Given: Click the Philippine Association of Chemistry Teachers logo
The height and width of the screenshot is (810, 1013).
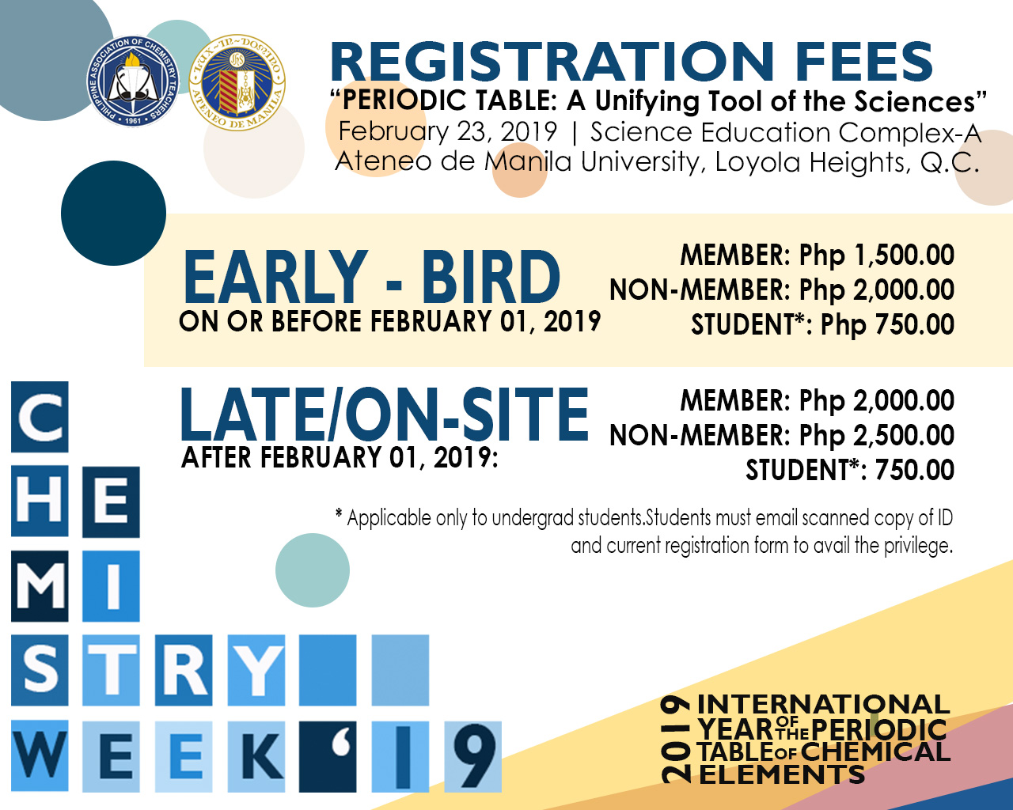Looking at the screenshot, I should (x=133, y=81).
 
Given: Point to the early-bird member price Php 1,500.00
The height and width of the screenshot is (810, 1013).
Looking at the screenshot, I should (x=876, y=255).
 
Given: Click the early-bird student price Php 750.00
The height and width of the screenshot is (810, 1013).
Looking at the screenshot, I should (x=887, y=325).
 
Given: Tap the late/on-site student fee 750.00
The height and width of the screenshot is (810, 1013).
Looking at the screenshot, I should (x=915, y=471).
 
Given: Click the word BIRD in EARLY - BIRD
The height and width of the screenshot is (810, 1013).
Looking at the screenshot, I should (x=490, y=278).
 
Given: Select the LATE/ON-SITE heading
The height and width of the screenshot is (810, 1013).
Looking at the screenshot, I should (x=385, y=414).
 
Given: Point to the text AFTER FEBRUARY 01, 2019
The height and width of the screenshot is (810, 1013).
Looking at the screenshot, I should (x=340, y=458).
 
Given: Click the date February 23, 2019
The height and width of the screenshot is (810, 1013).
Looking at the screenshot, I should (x=447, y=131).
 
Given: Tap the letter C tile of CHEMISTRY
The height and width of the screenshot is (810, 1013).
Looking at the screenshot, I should (x=40, y=417).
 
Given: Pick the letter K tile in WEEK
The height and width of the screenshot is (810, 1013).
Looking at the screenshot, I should (x=256, y=756).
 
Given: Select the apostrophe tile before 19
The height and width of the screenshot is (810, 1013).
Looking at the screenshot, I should (x=328, y=756).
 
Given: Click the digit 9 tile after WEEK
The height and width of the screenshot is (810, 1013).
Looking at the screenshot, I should (x=472, y=756).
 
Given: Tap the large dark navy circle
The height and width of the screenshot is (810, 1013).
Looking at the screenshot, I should (x=113, y=213).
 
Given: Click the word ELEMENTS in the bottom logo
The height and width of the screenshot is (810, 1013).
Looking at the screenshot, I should (x=782, y=775).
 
